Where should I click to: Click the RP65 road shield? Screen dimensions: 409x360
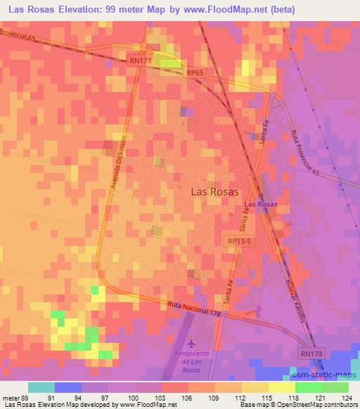coord(195,72)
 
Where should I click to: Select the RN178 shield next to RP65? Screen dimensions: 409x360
coord(140,61)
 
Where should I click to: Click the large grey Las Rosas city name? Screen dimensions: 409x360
coord(215,190)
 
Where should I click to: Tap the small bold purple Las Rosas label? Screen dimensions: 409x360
coord(260,204)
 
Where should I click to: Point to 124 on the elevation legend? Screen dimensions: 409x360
coord(344,398)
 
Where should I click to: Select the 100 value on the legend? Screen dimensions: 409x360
coord(132,398)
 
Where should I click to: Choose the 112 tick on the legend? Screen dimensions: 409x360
coord(238,398)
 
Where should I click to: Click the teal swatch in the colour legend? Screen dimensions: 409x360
coord(41,387)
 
